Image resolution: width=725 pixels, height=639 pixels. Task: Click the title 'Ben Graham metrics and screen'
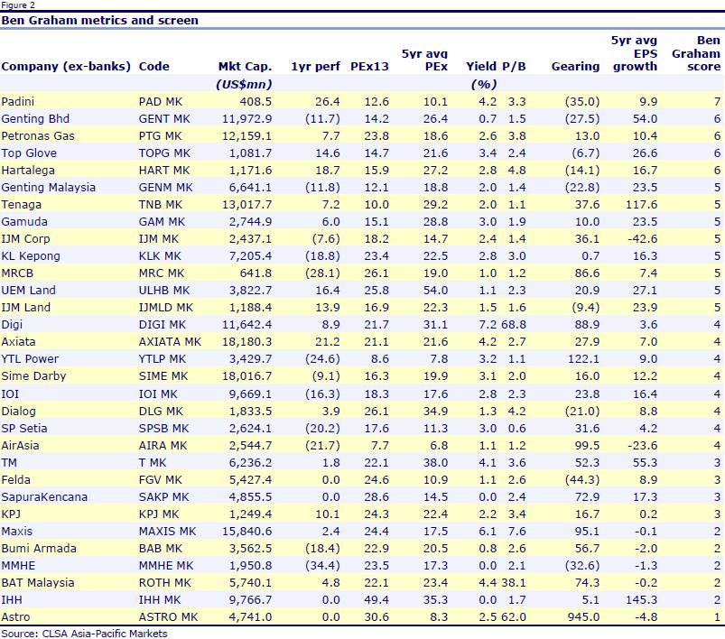(100, 20)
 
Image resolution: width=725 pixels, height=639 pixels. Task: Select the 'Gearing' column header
(575, 66)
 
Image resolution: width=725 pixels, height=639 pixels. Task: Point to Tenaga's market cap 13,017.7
(247, 204)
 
